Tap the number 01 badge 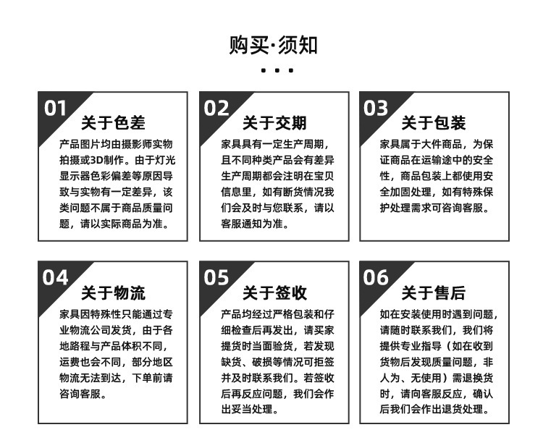coord(56,108)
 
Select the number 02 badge coord(216,108)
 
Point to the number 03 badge coord(376,108)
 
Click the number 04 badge coord(56,277)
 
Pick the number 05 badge coord(216,277)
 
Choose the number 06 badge coord(376,277)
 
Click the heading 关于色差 coord(113,123)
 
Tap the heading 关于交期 coord(274,123)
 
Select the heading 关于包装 coord(434,123)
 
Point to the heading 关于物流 coord(113,293)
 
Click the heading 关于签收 coord(274,293)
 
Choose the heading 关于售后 coord(434,293)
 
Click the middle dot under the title coord(277,71)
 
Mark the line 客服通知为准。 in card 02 coord(255,224)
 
